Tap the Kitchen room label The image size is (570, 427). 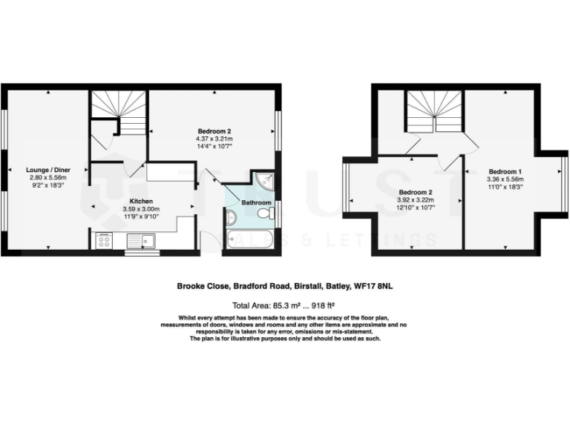coord(141,201)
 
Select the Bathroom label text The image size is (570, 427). coord(255,202)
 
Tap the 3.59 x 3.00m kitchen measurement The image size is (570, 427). coord(141,209)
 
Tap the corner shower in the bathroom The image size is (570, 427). coord(263,179)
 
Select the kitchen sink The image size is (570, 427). coord(140,240)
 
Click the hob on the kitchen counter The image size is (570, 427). coord(103,241)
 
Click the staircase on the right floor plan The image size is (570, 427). coord(434,113)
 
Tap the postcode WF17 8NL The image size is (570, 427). coord(373,284)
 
